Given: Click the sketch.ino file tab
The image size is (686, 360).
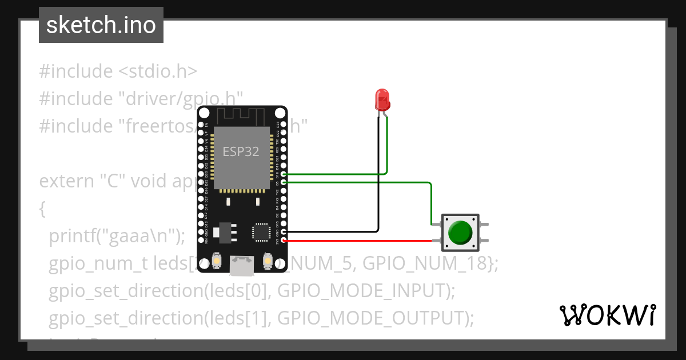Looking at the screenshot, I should tap(101, 25).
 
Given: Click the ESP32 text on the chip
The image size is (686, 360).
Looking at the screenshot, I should tap(241, 151).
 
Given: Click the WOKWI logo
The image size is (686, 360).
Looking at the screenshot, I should tap(607, 315).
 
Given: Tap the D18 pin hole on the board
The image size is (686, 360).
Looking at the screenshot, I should tap(284, 174).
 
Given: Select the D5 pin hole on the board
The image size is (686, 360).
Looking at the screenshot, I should tap(284, 182).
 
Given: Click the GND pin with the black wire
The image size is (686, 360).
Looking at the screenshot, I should tap(284, 232).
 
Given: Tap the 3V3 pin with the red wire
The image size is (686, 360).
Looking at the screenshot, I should tap(284, 241).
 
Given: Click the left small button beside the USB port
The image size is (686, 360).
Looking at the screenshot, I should tap(217, 261).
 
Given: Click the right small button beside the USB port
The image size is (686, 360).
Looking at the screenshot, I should tap(266, 261).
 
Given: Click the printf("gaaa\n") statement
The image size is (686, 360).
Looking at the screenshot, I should tap(117, 235).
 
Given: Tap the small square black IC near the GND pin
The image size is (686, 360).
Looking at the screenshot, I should tap(261, 231).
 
